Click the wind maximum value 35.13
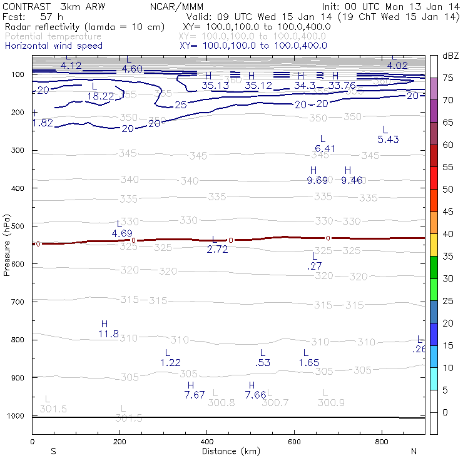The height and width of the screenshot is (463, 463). point(215,86)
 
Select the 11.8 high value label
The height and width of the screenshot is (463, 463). point(108,334)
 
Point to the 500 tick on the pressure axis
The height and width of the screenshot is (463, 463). point(19,226)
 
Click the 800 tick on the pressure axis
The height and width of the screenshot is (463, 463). point(19,340)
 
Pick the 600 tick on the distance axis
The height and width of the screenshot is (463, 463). point(295,442)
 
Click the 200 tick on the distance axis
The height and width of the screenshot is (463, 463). point(120,442)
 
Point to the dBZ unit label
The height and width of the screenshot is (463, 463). point(450,56)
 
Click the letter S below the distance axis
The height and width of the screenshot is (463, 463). point(54,451)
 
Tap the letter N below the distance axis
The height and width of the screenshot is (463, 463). point(414,451)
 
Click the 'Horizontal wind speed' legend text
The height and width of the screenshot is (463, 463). point(54,46)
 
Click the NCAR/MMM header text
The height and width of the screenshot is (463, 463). point(176,6)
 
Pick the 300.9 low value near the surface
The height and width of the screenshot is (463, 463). point(331,402)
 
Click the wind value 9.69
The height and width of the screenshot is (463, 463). point(317,181)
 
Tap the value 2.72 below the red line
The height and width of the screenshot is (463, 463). point(217,249)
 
